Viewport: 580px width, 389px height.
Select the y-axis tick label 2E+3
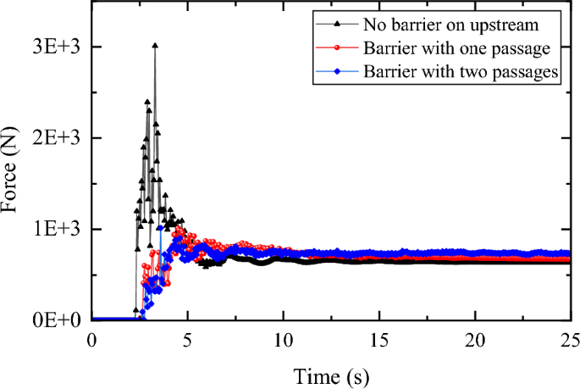58,137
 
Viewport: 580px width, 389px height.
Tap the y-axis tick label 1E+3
58,229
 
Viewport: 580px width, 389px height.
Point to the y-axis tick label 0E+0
58,320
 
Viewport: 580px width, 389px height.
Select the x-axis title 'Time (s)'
331,373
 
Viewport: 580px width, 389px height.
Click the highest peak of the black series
154,46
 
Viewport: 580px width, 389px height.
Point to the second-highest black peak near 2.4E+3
147,102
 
